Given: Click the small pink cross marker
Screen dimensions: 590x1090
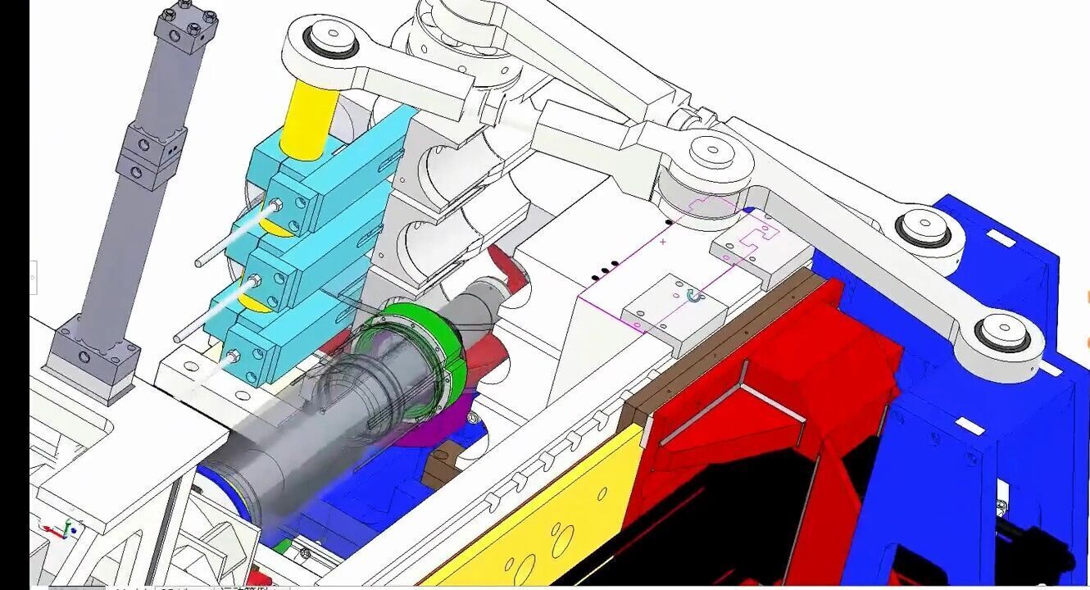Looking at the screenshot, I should pyautogui.click(x=662, y=242).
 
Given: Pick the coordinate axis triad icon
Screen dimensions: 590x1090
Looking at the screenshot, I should pyautogui.click(x=63, y=529).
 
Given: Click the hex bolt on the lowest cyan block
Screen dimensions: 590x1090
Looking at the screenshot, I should pyautogui.click(x=234, y=356).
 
